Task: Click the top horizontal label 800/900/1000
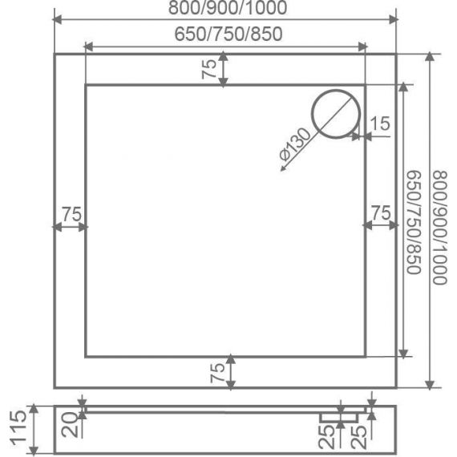228,8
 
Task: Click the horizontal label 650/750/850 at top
228,34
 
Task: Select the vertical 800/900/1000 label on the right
439,228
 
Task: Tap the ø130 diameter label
295,144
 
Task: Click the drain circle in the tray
336,90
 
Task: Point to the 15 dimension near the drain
380,123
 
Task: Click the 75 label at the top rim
209,69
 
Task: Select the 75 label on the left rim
72,214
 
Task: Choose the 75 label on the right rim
381,212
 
